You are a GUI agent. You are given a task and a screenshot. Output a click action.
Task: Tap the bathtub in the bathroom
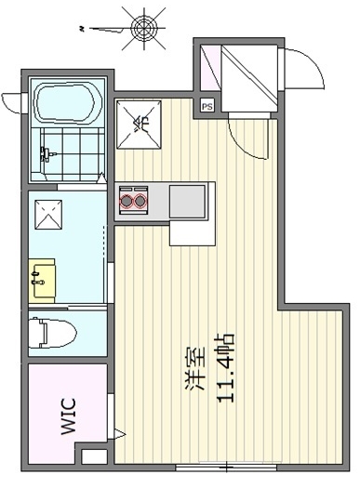click(68, 102)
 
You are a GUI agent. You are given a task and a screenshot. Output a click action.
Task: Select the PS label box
click(207, 106)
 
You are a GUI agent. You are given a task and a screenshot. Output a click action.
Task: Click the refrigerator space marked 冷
click(142, 123)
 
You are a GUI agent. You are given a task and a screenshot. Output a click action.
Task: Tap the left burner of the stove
click(127, 198)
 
